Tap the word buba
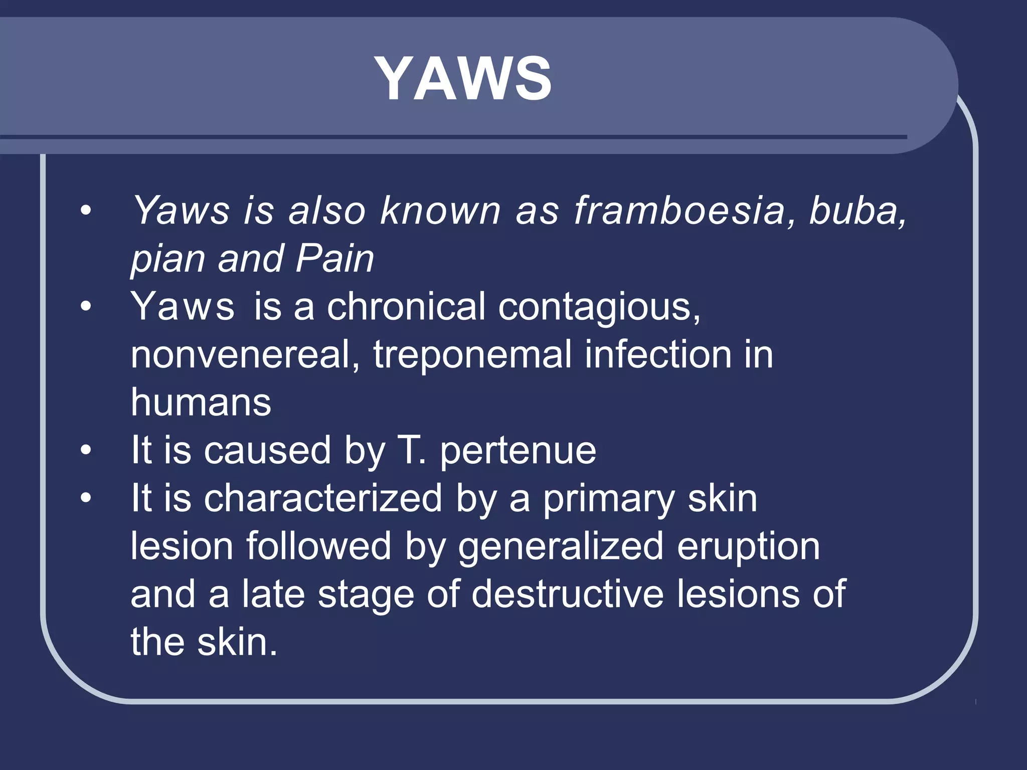[858, 211]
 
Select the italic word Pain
[335, 259]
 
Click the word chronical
[406, 306]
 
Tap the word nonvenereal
[245, 354]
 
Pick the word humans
[201, 402]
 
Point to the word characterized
[323, 498]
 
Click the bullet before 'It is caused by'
[86, 450]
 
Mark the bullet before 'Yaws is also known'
[86, 211]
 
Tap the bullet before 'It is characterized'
[86, 498]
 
